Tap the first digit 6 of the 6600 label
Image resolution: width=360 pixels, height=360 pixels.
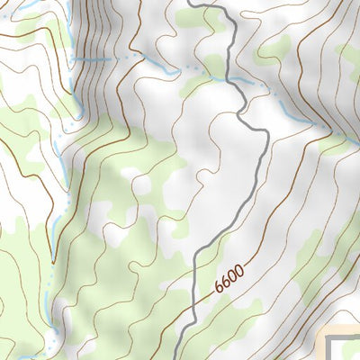click(220, 289)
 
